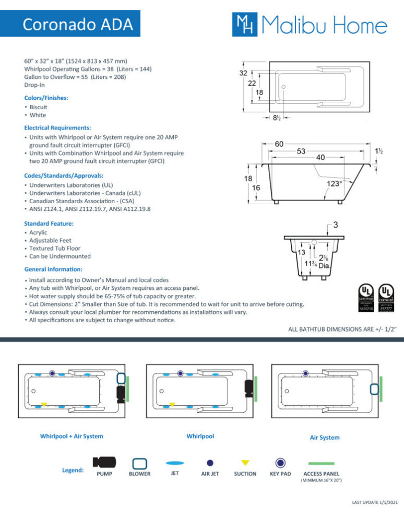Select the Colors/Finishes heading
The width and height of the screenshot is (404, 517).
pyautogui.click(x=46, y=98)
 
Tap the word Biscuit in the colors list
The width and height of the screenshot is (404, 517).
pyautogui.click(x=38, y=107)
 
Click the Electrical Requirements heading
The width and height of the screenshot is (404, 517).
pyautogui.click(x=57, y=127)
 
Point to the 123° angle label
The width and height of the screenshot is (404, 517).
pyautogui.click(x=334, y=183)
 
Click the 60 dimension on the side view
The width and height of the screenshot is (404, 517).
pyautogui.click(x=280, y=144)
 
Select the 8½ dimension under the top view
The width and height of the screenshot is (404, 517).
pyautogui.click(x=278, y=118)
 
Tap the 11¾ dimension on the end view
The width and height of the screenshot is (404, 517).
pyautogui.click(x=310, y=264)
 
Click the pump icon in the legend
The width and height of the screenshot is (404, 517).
pyautogui.click(x=104, y=462)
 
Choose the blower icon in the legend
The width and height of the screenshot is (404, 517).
pyautogui.click(x=139, y=463)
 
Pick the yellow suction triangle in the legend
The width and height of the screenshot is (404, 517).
pyautogui.click(x=245, y=463)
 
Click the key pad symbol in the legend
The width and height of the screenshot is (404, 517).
pyautogui.click(x=281, y=463)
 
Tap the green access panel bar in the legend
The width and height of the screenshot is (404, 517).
pyautogui.click(x=321, y=463)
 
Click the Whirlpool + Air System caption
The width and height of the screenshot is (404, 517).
pyautogui.click(x=72, y=436)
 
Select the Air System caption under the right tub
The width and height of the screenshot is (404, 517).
pyautogui.click(x=325, y=438)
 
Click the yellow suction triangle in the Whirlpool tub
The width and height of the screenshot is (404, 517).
pyautogui.click(x=172, y=404)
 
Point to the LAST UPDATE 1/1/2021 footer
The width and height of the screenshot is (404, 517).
pyautogui.click(x=375, y=502)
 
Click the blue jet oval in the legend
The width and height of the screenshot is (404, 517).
pyautogui.click(x=175, y=463)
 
